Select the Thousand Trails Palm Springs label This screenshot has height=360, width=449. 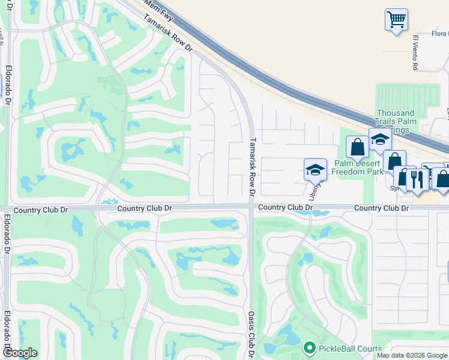tap(395, 121)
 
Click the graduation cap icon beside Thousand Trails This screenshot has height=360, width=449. tap(380, 140)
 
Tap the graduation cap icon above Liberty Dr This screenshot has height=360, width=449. tap(315, 170)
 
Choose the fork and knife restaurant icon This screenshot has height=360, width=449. tap(417, 178)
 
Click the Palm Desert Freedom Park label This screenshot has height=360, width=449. tap(358, 167)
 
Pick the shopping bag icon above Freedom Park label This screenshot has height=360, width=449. tap(357, 147)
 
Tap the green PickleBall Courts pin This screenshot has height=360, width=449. tap(310, 347)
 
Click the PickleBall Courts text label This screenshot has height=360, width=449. tap(350, 348)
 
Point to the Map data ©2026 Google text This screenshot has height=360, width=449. tap(412, 355)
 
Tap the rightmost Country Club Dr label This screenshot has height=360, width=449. tap(381, 208)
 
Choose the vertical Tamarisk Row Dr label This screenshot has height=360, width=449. tap(253, 167)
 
